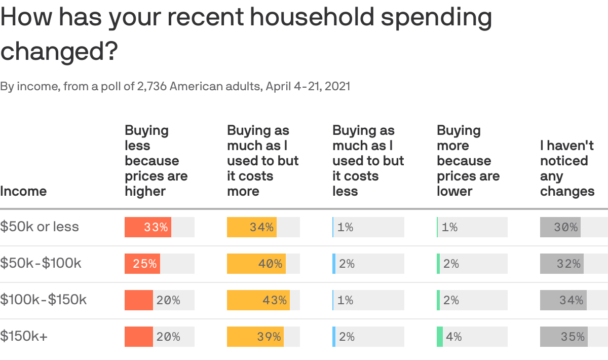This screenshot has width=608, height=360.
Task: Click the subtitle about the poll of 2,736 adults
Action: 175,86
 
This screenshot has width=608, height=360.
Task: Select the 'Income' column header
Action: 23,191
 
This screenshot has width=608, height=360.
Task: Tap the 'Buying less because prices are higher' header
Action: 156,161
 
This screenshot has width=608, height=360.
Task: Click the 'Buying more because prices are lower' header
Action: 468,161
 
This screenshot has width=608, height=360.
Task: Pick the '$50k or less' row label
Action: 40,227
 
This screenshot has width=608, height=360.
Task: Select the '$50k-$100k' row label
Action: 41,263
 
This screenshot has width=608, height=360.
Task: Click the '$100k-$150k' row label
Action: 44,300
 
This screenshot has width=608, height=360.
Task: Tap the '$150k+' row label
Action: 24,336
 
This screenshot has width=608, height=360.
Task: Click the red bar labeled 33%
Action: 148,227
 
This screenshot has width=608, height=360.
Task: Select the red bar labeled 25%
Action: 142,264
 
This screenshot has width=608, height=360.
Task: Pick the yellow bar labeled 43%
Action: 258,300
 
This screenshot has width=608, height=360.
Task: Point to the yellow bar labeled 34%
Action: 252,227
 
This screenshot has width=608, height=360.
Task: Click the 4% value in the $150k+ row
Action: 454,337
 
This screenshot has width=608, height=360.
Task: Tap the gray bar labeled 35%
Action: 564,337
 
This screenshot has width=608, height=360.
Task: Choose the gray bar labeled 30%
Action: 560,227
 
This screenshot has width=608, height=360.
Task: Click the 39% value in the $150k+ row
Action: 269,337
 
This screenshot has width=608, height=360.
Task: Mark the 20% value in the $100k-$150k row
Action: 168,300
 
